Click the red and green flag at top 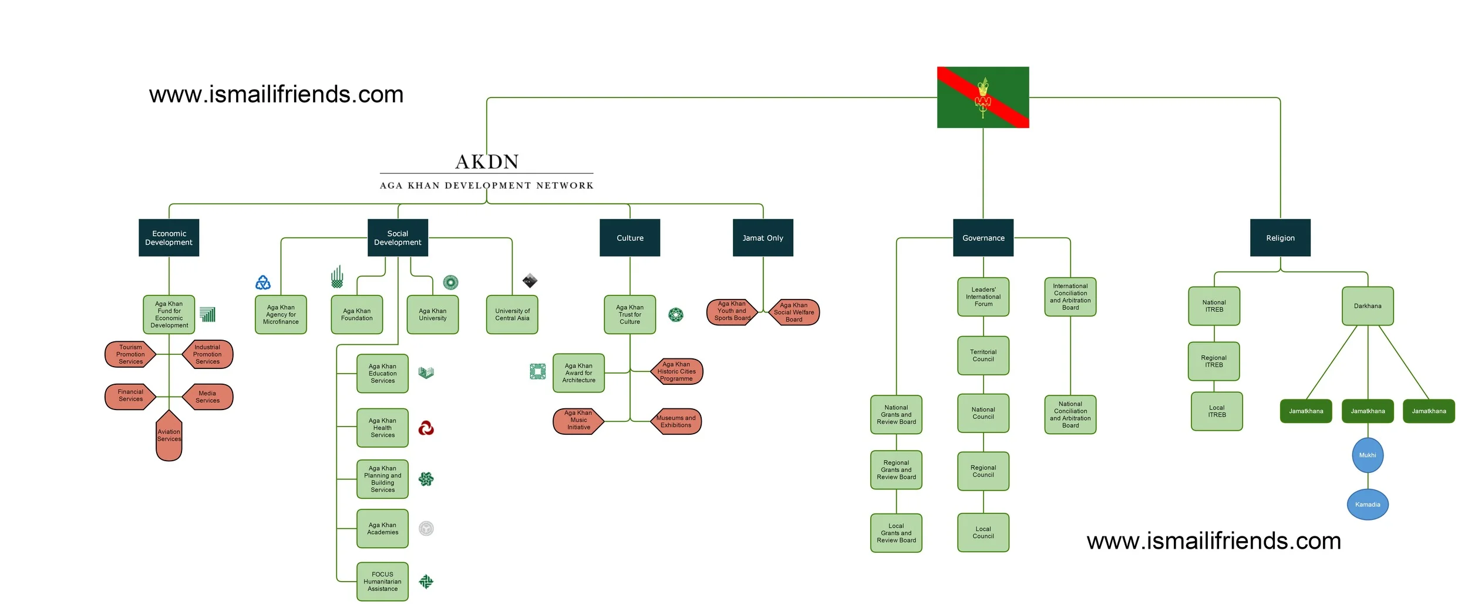pos(982,97)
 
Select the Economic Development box pos(169,237)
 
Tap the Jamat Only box pos(762,237)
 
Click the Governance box pos(982,237)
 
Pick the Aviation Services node pos(169,436)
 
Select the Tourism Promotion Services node pos(130,354)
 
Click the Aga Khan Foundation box pos(356,314)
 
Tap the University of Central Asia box pos(511,314)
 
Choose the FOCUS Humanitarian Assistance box pos(382,581)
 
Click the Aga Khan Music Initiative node pos(578,421)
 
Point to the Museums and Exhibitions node pos(676,421)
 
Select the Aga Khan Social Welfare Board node pos(793,312)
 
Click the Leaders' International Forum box pos(982,297)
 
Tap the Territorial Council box pos(982,355)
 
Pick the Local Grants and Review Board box pos(895,533)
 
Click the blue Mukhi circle pos(1367,455)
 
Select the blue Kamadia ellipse pos(1367,504)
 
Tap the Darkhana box pos(1367,305)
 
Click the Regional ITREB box pos(1213,361)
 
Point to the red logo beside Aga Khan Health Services pos(426,428)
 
